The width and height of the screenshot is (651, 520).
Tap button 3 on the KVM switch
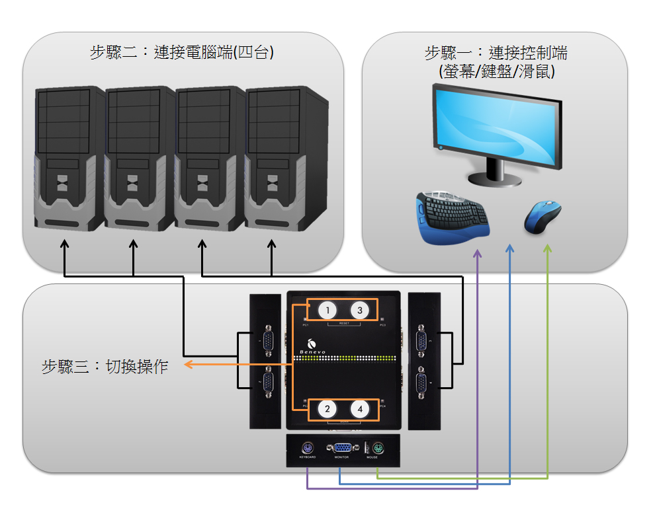(x=359, y=311)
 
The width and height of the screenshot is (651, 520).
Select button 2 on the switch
(x=327, y=409)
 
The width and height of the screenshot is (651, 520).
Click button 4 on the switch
(x=359, y=409)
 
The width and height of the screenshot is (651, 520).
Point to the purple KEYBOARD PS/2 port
(x=308, y=446)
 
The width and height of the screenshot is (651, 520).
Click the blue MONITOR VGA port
(x=342, y=447)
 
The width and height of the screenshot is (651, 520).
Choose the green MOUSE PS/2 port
(x=377, y=446)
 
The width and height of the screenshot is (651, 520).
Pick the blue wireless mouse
(x=542, y=217)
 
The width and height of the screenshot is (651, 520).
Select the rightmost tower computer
(x=286, y=159)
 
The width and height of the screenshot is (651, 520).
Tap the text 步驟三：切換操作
(x=105, y=367)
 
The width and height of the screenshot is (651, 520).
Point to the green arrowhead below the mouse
(x=546, y=250)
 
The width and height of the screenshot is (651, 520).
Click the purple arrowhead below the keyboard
(x=477, y=254)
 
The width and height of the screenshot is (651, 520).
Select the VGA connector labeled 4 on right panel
(x=421, y=383)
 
